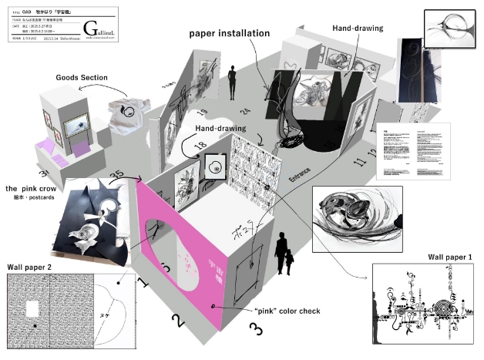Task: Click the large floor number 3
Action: click(x=255, y=329)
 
